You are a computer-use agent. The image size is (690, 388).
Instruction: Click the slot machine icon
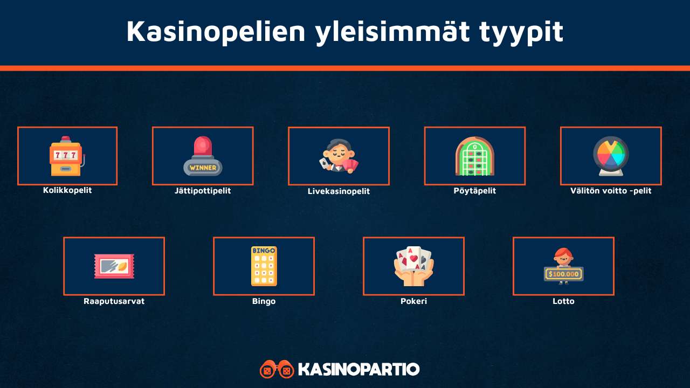(x=66, y=156)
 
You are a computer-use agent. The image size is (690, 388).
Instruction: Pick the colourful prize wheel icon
(x=611, y=156)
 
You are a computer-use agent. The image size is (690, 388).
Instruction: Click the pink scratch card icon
(x=114, y=266)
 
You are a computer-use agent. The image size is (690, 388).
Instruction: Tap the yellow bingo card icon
(x=264, y=266)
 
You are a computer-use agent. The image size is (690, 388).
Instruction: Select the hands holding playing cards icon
(x=413, y=266)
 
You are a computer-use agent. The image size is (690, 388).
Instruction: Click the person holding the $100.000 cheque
(x=563, y=266)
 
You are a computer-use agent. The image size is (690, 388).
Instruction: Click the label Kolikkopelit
(x=67, y=190)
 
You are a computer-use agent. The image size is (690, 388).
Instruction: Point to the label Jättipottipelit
(x=203, y=191)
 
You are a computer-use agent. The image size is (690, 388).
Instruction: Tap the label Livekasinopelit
(x=339, y=191)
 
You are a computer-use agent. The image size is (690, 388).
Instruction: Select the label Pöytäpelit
(x=474, y=191)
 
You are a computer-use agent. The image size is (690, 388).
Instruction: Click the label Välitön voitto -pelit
(x=611, y=191)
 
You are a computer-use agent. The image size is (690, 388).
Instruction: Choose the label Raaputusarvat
(x=114, y=301)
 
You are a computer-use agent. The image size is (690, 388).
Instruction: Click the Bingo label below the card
(x=264, y=301)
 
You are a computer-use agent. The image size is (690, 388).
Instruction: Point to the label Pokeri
(x=413, y=301)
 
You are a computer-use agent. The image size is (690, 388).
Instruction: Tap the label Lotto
(x=563, y=301)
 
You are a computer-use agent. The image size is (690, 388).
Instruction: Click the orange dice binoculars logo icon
(x=277, y=370)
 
